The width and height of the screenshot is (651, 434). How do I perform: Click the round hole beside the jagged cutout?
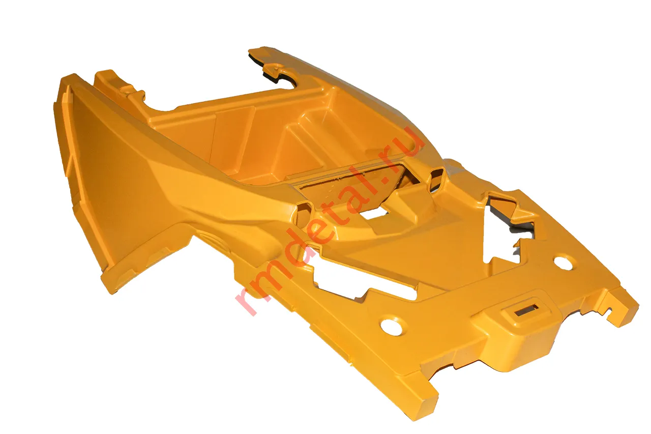point(563,263)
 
